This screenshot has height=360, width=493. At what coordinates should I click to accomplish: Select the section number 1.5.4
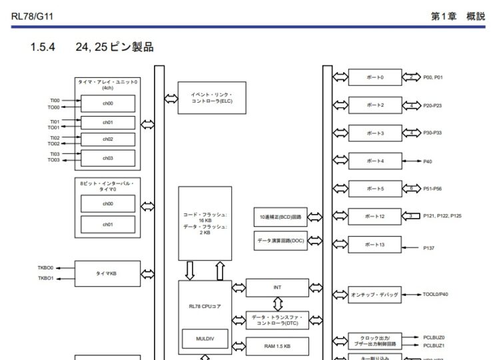[x=43, y=47]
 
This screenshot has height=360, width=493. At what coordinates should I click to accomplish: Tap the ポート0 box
[x=375, y=77]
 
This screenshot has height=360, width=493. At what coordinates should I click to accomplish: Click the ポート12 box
[x=375, y=217]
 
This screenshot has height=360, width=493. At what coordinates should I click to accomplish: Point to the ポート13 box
[x=375, y=245]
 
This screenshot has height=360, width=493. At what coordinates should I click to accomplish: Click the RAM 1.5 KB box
[x=277, y=346]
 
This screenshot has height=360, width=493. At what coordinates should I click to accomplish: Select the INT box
[x=277, y=287]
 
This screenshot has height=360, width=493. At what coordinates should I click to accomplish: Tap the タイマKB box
[x=107, y=273]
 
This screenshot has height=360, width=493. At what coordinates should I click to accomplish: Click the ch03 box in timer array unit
[x=107, y=158]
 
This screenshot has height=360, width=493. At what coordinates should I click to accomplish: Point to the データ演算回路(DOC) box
[x=280, y=240]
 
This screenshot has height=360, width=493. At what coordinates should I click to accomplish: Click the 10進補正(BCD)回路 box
[x=280, y=217]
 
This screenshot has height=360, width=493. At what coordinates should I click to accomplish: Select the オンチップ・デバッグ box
[x=375, y=294]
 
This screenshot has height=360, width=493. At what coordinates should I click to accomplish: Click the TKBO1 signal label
[x=46, y=278]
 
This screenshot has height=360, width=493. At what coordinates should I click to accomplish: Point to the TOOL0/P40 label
[x=436, y=294]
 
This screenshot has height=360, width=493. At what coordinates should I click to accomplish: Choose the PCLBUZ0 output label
[x=434, y=338]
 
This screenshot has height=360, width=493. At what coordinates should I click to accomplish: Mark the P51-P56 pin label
[x=434, y=189]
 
